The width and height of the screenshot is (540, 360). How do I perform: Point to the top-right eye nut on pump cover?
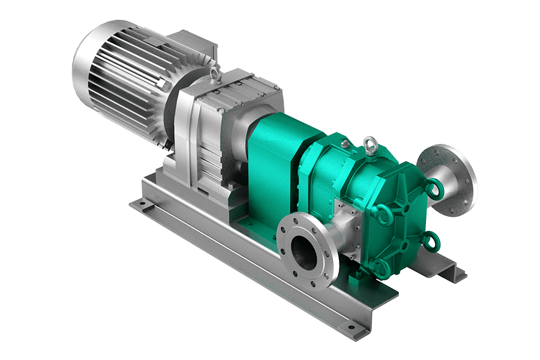pyautogui.click(x=433, y=191)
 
